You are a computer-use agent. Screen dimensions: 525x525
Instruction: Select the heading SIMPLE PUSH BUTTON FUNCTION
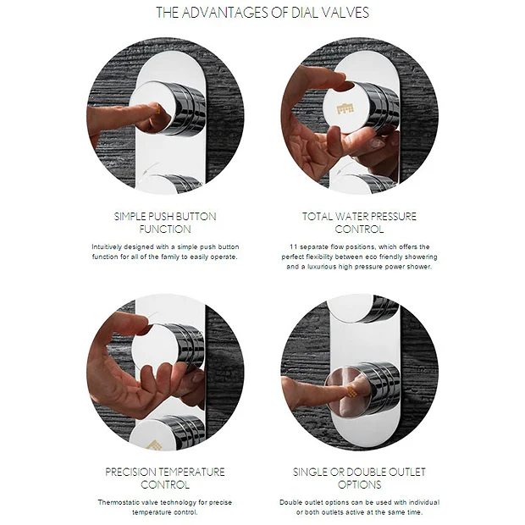coord(165,223)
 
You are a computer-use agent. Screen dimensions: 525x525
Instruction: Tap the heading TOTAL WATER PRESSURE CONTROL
coord(359,223)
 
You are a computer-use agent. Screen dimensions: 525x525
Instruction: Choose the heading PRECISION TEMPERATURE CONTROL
coord(165,478)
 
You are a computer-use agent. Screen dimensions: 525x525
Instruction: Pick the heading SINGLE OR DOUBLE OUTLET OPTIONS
coord(359,478)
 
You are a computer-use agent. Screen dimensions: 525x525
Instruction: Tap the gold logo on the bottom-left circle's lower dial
coord(154,445)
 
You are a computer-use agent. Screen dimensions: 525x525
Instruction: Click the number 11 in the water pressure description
coord(292,246)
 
